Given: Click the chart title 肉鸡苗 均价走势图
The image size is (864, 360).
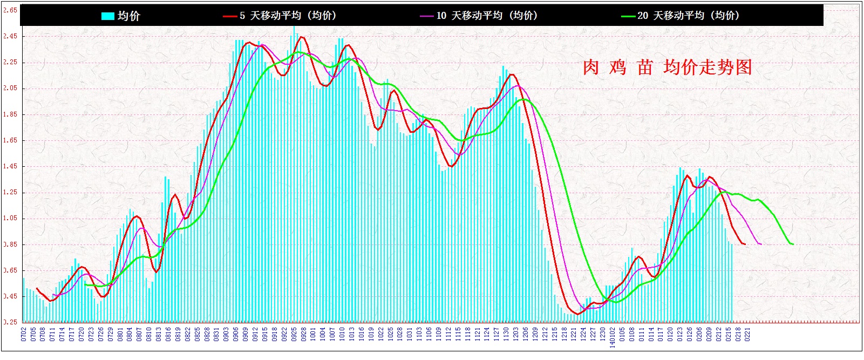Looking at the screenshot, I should click(x=667, y=67).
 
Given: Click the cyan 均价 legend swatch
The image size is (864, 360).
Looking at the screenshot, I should click(x=107, y=16).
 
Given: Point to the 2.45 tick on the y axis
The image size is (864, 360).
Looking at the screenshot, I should click(x=10, y=36).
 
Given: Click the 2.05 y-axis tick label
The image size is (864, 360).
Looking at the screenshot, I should click(x=10, y=88).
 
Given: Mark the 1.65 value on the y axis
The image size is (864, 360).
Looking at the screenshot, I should click(x=10, y=140).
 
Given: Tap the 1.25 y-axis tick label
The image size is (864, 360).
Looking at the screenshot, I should click(x=10, y=192).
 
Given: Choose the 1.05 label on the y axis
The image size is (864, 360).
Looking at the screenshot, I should click(x=10, y=218).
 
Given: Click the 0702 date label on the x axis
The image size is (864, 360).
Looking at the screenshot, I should click(x=24, y=334).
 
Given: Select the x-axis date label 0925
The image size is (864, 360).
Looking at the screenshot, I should click(x=294, y=334).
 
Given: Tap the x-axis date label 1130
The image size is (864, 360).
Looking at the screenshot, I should click(x=506, y=334).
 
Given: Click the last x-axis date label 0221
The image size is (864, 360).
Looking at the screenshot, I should click(x=747, y=334).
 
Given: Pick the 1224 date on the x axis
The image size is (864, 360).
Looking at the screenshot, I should click(x=583, y=334).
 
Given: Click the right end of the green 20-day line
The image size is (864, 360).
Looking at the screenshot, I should click(x=793, y=244).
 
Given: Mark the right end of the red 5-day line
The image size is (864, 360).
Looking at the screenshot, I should click(x=745, y=244).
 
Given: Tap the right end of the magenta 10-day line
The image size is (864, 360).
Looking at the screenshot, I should click(x=761, y=244).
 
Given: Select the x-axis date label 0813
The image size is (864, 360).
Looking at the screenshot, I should click(x=159, y=334).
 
